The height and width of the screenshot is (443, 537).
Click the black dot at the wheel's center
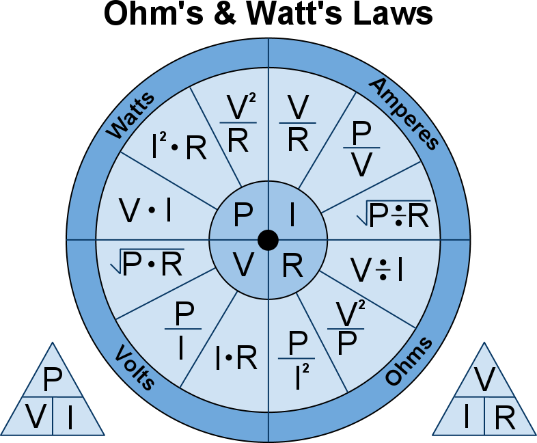point(268,240)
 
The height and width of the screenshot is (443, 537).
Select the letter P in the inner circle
point(243,217)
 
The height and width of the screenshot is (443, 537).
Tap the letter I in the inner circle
point(292,217)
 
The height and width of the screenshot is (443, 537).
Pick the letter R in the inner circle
point(293,265)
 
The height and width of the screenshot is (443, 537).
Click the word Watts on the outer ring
point(131,114)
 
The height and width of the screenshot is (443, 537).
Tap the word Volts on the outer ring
point(135,366)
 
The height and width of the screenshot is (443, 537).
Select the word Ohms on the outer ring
point(409,361)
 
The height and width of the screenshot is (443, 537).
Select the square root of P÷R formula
point(393,214)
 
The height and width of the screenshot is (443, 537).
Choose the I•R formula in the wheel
point(236,357)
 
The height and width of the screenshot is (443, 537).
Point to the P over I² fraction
point(297,360)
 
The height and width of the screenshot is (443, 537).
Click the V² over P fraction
point(349,329)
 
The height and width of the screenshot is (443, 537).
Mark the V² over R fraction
point(238,124)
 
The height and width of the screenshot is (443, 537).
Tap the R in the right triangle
point(504,418)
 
